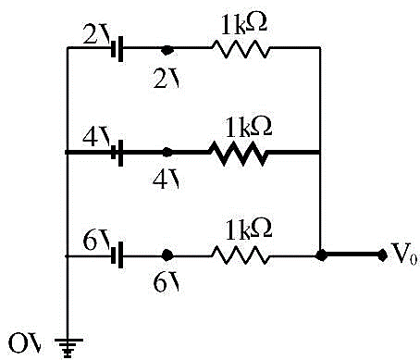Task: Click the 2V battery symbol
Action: click(x=117, y=48)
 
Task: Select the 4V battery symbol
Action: click(x=117, y=153)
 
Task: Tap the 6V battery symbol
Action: click(x=117, y=254)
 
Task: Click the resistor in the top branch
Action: click(x=241, y=48)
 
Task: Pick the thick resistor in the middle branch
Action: click(x=238, y=153)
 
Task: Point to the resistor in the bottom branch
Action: click(x=241, y=254)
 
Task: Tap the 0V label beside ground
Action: click(x=25, y=343)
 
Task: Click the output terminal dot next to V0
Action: click(x=382, y=255)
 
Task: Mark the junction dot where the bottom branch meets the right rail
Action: click(x=321, y=255)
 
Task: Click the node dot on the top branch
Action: click(x=167, y=50)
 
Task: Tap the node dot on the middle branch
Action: click(x=167, y=152)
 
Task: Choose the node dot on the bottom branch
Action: click(x=167, y=255)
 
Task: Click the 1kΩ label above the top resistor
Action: click(x=243, y=24)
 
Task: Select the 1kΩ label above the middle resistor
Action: click(x=248, y=127)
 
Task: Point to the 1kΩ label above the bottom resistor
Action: click(x=248, y=229)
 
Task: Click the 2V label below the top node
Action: click(x=167, y=80)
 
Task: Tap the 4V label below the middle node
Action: click(x=166, y=180)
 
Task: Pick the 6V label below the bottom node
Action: click(x=167, y=282)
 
